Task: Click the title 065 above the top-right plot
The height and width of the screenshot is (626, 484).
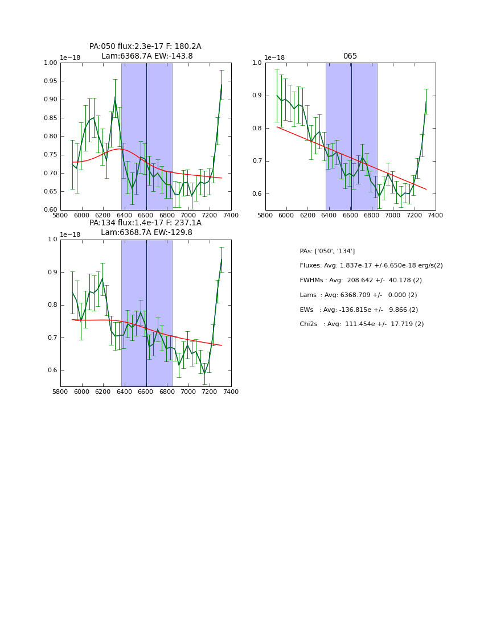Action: pyautogui.click(x=350, y=56)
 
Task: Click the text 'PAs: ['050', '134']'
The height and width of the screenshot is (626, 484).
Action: pyautogui.click(x=327, y=251)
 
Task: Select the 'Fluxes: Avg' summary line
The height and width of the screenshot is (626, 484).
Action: pyautogui.click(x=371, y=266)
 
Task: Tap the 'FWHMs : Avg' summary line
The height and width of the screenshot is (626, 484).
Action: pyautogui.click(x=360, y=281)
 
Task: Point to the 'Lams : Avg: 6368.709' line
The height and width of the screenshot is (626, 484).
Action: pyautogui.click(x=358, y=295)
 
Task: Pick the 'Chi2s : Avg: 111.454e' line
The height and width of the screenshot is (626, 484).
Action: pyautogui.click(x=362, y=324)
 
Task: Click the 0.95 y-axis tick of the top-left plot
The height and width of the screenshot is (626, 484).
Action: pyautogui.click(x=50, y=81)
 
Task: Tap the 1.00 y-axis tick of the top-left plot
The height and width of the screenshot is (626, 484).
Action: pyautogui.click(x=50, y=63)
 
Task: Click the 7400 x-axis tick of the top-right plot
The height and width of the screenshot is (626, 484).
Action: pyautogui.click(x=435, y=216)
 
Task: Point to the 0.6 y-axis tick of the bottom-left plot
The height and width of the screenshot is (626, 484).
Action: pyautogui.click(x=52, y=370)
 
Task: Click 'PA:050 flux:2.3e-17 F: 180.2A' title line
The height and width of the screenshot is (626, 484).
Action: pyautogui.click(x=145, y=47)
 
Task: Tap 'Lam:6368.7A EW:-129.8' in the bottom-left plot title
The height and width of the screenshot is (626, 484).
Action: pyautogui.click(x=146, y=233)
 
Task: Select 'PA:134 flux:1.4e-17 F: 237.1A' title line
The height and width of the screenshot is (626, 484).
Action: pyautogui.click(x=145, y=223)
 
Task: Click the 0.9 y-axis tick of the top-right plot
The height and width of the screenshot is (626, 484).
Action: pyautogui.click(x=257, y=96)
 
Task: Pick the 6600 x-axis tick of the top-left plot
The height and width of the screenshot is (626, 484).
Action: pyautogui.click(x=146, y=216)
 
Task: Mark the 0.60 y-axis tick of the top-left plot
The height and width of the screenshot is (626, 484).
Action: pyautogui.click(x=50, y=210)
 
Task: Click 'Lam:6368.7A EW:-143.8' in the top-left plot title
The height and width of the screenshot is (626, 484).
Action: pyautogui.click(x=147, y=56)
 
